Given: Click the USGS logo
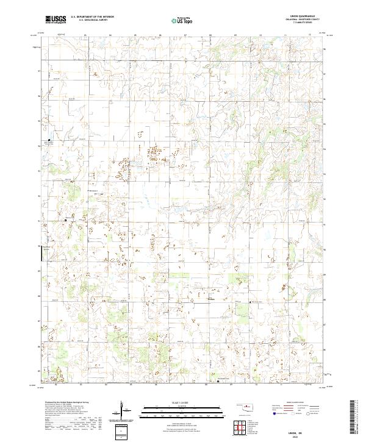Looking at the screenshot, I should coord(56,20).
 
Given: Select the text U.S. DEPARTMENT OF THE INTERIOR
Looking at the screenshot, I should coord(91,18).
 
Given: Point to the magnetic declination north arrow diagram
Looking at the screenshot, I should coord(124,410).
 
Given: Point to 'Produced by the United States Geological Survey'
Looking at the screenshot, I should coord(63,402).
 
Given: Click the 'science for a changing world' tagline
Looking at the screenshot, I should coord(56,24).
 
